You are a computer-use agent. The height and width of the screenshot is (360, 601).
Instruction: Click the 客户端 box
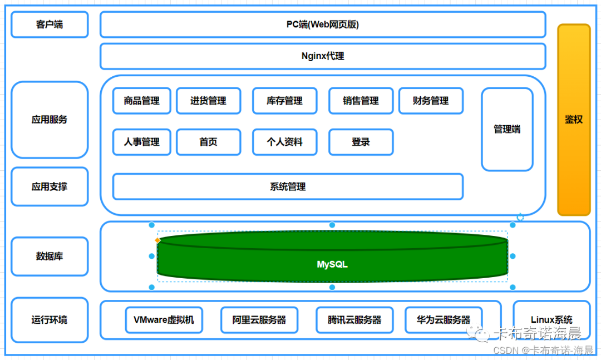(50, 24)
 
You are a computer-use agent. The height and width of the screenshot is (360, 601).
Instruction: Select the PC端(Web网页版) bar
(323, 24)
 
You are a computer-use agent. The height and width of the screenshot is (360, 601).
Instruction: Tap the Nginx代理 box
(323, 56)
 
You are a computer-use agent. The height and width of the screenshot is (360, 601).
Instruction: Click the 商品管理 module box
(141, 101)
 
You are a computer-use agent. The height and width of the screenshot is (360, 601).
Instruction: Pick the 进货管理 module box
(208, 101)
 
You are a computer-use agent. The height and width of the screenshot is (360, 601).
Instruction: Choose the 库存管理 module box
(284, 101)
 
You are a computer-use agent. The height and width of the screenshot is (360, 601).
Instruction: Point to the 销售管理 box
(361, 101)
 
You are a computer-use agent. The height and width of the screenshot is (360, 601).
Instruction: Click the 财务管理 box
(431, 101)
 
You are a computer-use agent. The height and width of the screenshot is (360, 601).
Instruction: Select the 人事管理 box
(141, 142)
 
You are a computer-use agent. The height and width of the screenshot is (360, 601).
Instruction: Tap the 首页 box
(208, 142)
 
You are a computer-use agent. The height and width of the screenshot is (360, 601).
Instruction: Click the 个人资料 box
(284, 142)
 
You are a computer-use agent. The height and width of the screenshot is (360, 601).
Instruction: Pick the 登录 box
(361, 142)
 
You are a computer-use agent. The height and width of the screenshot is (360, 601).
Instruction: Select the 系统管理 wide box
(288, 186)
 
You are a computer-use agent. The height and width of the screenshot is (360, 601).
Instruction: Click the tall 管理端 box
(507, 129)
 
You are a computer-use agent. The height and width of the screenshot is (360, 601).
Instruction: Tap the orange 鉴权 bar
(574, 120)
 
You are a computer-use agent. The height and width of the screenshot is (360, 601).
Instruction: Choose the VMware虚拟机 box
(164, 320)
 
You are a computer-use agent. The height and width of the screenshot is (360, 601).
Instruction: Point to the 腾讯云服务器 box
(354, 320)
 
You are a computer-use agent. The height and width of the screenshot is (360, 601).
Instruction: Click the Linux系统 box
(551, 320)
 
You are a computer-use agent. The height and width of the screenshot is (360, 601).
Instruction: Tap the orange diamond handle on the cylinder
(157, 240)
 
